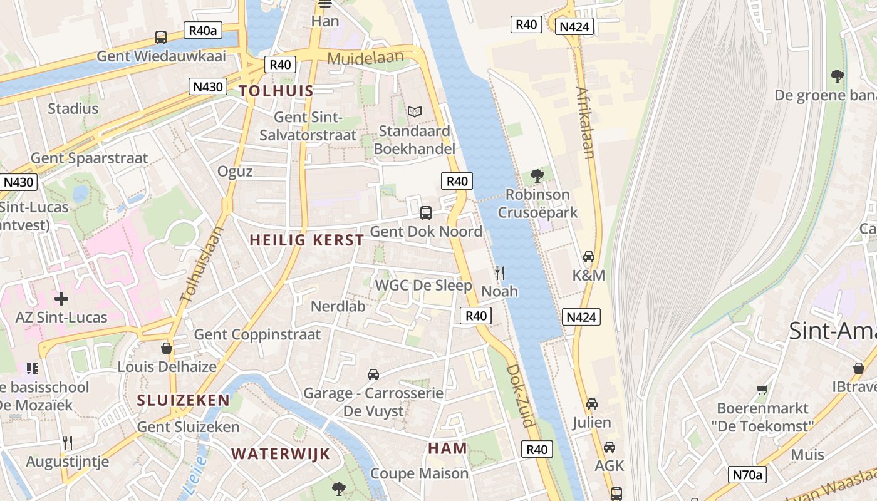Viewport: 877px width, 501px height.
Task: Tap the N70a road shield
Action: click(748, 475)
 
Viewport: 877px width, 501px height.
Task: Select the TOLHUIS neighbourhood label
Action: click(276, 91)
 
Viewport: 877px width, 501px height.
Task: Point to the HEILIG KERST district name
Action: click(306, 240)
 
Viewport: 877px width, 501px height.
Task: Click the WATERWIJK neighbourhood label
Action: click(280, 454)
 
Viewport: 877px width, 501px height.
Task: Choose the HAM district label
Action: click(447, 448)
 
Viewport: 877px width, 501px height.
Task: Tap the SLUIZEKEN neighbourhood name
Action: click(184, 400)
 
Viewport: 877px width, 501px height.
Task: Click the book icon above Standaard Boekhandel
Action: click(415, 112)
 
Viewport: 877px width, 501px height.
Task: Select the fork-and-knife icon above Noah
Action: click(499, 272)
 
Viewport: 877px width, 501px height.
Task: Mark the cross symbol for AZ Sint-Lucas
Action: click(61, 298)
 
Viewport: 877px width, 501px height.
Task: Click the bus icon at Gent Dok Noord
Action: click(426, 212)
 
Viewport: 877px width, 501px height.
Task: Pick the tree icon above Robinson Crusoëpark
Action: click(537, 175)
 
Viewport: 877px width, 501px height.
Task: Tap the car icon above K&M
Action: click(589, 257)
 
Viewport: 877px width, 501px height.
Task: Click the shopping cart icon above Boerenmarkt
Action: click(762, 390)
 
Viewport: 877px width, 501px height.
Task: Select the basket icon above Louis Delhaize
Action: click(167, 348)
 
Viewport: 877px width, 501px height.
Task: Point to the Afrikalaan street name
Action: click(585, 123)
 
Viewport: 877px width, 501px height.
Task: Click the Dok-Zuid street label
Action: click(521, 396)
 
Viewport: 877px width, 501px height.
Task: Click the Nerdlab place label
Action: click(338, 306)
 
